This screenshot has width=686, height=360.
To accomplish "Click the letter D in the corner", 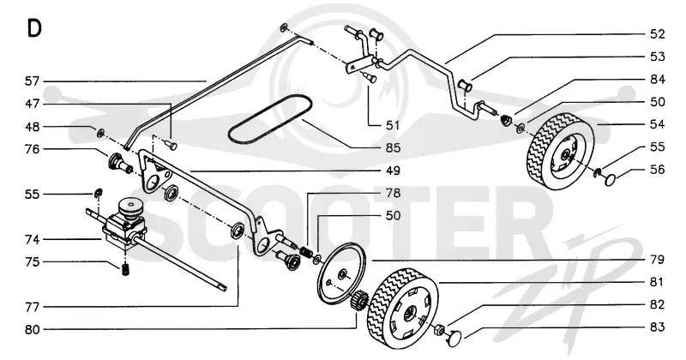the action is point(34,28).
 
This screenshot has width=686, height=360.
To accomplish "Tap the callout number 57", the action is point(32,81).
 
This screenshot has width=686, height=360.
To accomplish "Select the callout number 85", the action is point(393,147).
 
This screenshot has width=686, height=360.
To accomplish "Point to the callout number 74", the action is point(32,239).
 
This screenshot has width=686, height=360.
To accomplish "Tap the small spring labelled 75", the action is point(125,270).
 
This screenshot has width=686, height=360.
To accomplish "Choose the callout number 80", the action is point(32,329).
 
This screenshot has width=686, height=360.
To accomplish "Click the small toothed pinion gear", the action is point(358,301).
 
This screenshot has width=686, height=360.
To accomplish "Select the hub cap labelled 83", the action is point(454,337).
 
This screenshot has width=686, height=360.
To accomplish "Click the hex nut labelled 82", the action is point(439,329).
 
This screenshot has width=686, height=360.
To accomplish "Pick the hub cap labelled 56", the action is point(610,179).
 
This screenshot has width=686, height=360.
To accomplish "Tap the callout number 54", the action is point(657,124).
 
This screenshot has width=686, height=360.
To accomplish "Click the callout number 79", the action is point(657,260).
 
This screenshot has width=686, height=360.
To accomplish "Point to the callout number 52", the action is point(657,34).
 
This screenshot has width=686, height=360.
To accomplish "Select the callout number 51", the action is point(393,125).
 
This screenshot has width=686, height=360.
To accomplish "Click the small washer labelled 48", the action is point(100,132).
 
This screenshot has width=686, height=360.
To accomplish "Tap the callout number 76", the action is point(32,149).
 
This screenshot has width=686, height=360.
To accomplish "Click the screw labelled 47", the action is point(171,144).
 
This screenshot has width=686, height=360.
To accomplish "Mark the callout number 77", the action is point(32,307).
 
